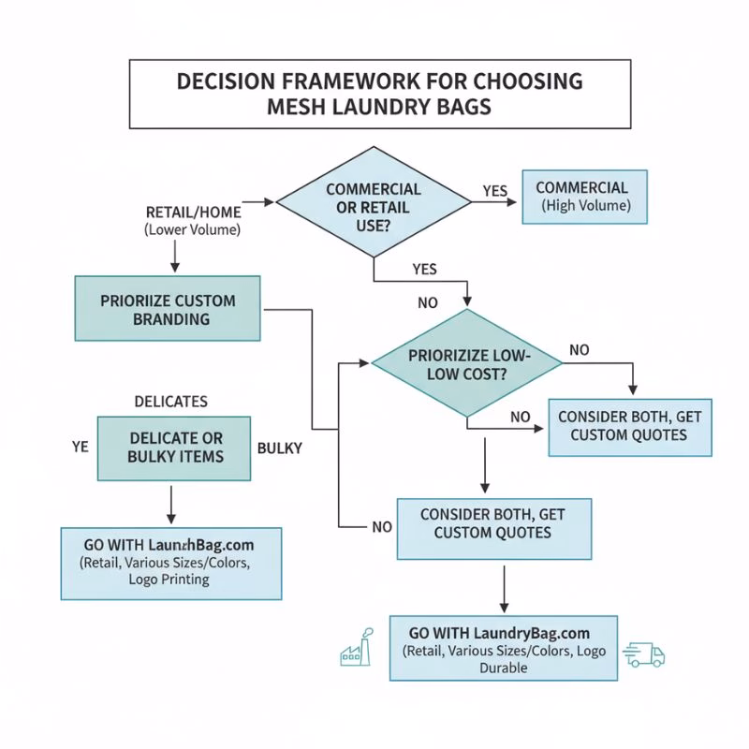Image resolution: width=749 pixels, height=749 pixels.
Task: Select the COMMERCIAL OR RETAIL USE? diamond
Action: point(374,200)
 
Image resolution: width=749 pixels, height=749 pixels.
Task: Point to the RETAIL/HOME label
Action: point(193,213)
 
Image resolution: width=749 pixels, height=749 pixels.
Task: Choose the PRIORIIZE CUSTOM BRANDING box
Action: point(168,310)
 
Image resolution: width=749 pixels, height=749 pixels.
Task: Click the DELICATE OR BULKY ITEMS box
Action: point(175,448)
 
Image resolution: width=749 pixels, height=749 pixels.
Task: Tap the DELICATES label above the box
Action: point(172,402)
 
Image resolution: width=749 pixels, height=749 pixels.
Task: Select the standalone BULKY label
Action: point(279,448)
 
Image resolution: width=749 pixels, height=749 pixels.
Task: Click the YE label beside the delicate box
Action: point(80,448)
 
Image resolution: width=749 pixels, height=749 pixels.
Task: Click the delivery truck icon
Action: point(644,654)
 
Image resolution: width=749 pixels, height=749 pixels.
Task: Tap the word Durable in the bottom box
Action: point(504,668)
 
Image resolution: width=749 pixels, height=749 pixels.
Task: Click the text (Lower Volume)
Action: point(192,230)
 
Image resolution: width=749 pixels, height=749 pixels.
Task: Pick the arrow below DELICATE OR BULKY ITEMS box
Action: point(172,505)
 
